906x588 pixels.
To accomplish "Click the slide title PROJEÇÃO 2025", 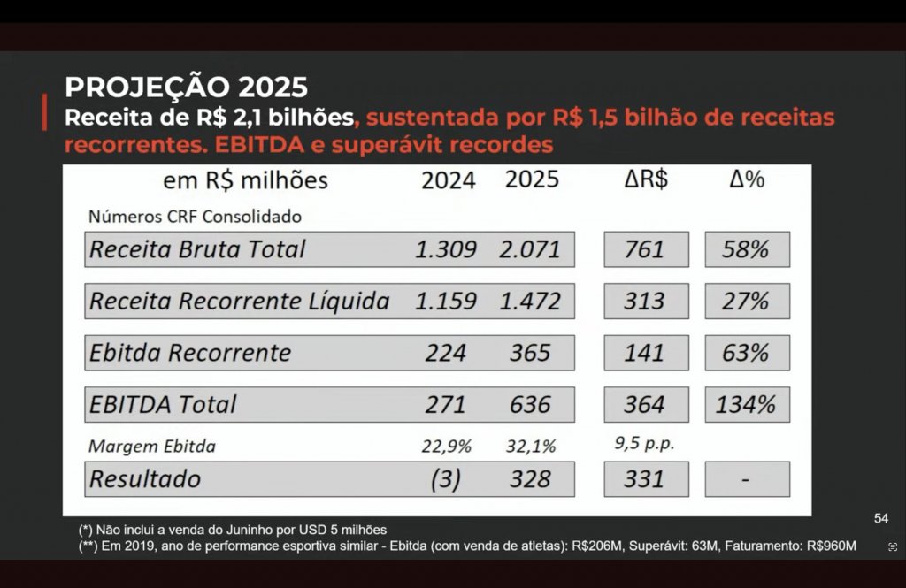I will pos(186,88).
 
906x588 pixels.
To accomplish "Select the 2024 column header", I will pos(448,180).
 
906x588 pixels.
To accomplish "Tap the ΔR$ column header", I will pos(645,179).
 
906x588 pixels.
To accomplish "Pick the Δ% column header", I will pos(746,179).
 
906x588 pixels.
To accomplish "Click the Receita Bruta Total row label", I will pos(197,249).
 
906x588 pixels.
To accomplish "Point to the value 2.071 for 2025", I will pos(530,249).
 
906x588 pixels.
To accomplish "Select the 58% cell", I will pos(746,249).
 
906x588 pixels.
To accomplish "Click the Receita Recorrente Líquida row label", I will pos(239,302).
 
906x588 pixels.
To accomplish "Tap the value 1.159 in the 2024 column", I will pos(446,302).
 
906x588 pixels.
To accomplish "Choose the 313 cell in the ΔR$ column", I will pos(645,302).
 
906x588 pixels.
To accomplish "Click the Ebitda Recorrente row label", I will pos(190,353).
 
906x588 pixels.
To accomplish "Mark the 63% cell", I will pos(746,353).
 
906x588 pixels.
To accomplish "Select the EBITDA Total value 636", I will pos(530,405).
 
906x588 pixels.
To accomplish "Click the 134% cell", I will pos(746,405).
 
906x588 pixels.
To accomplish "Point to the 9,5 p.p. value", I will pos(645,445).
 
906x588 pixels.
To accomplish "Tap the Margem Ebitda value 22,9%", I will pos(446,447).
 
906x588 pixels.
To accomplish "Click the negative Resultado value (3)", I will pos(446,479).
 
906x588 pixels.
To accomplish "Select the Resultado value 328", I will pos(530,479).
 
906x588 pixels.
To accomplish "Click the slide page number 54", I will pos(880,518).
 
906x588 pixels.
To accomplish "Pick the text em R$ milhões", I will pos(245,180).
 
